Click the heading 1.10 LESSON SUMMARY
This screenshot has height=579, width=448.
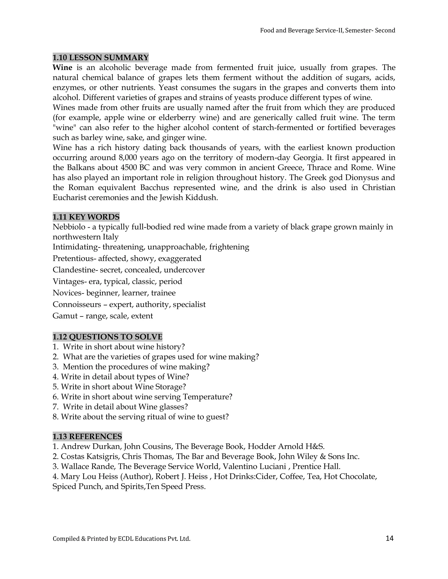point(100,57)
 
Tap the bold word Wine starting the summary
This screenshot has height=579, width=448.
point(62,68)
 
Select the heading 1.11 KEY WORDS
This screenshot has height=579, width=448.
point(86,217)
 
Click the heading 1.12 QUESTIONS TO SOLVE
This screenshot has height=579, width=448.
point(107,337)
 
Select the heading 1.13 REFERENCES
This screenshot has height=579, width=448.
point(87,436)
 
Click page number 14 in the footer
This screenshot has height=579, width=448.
point(389,538)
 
